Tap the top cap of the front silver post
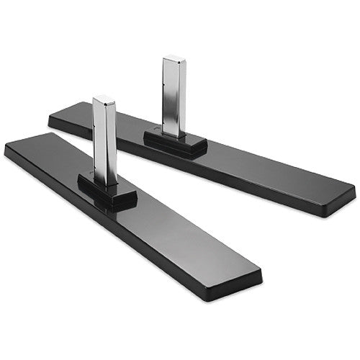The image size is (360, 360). (x=104, y=100)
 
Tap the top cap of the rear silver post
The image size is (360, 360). (x=174, y=58)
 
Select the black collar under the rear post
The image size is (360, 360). (x=175, y=143)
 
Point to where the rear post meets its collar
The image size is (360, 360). (x=174, y=135)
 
